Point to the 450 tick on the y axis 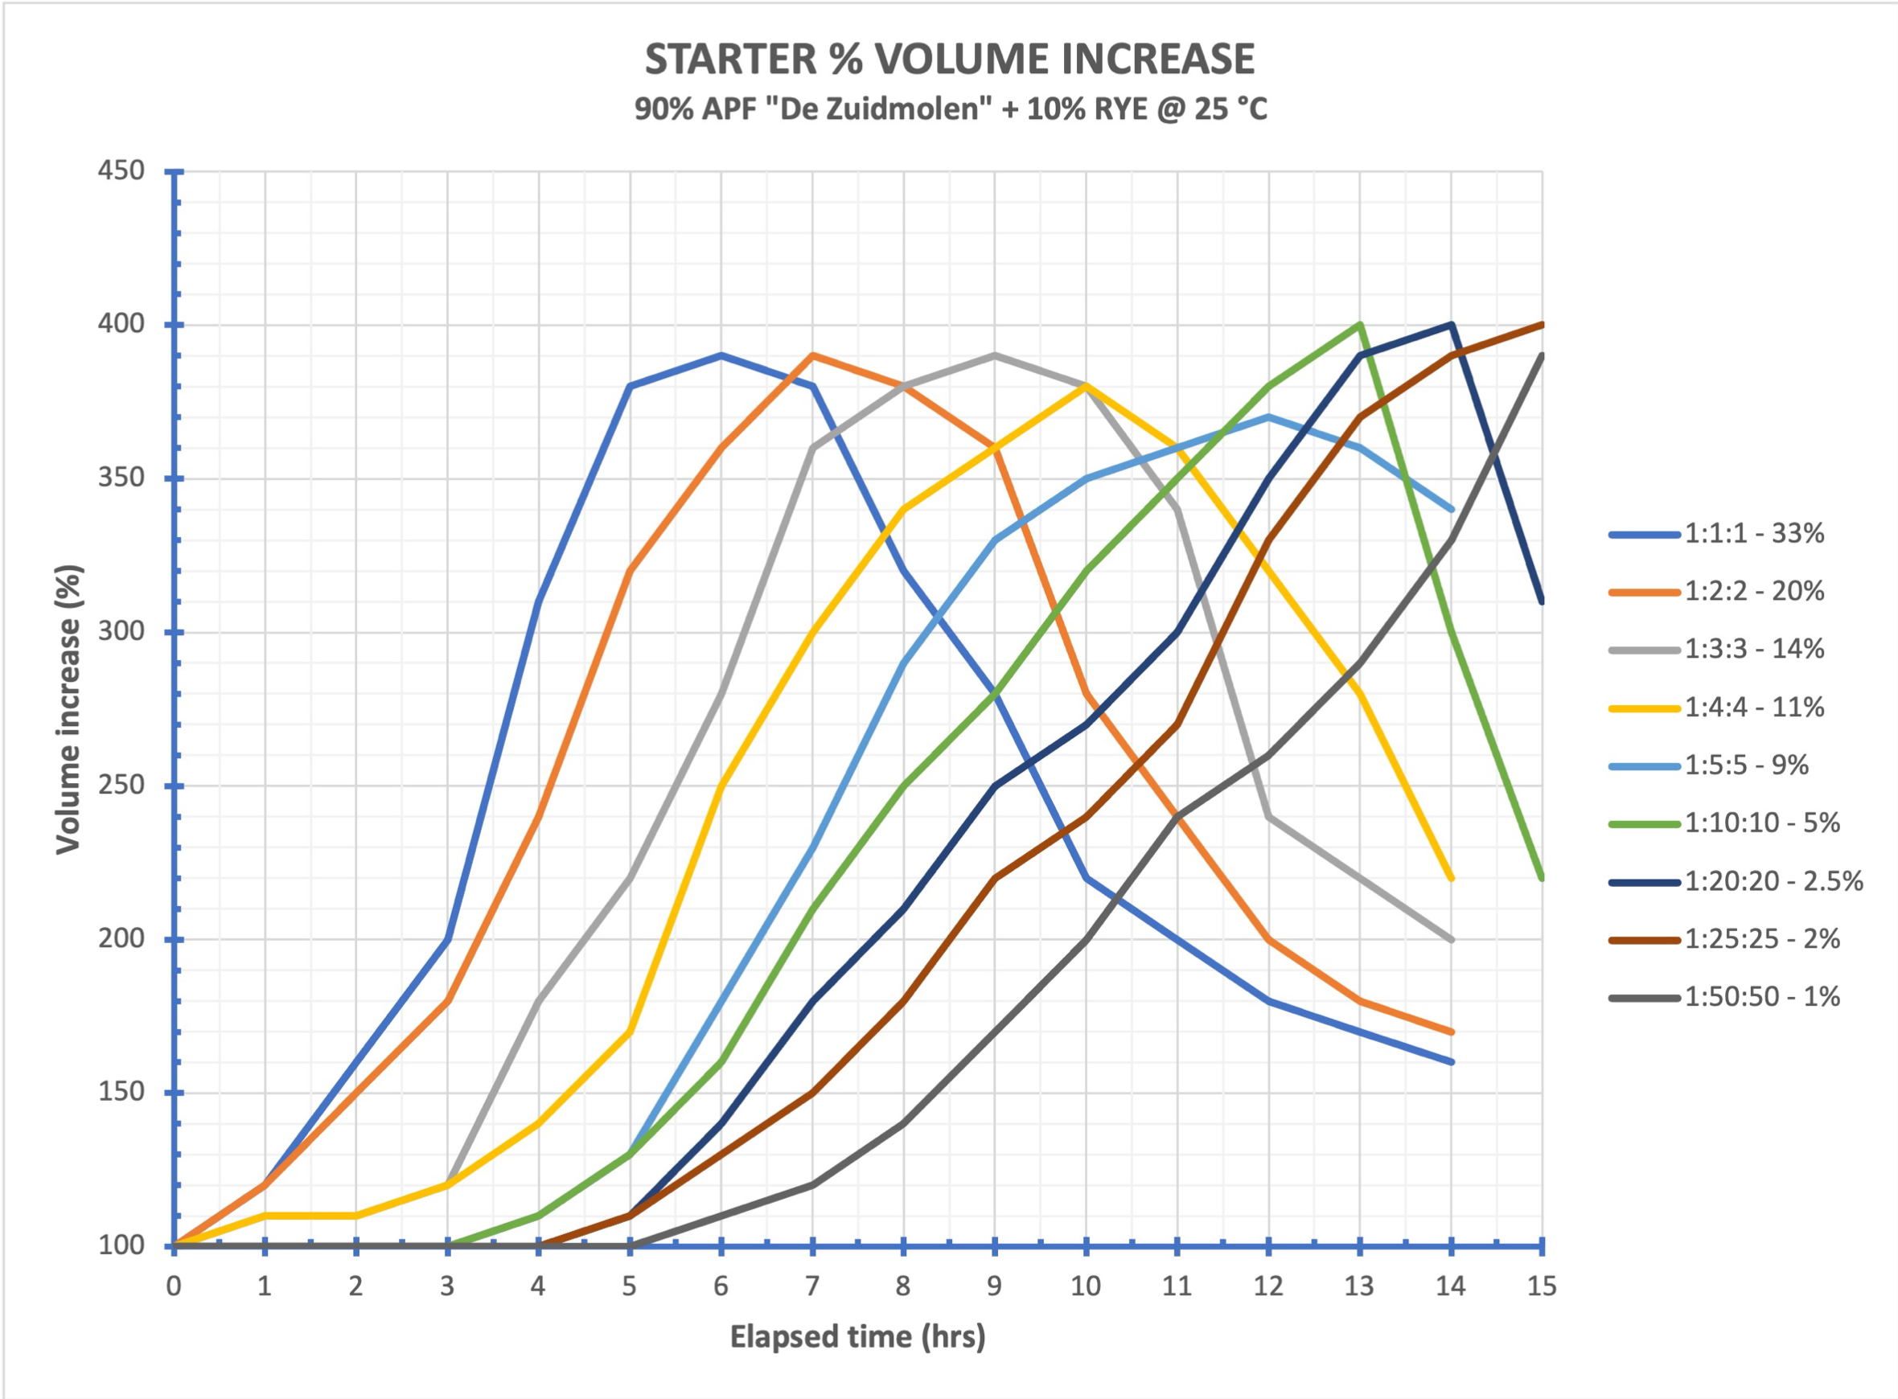pos(121,172)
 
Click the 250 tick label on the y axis pos(121,786)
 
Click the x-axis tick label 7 pos(812,1286)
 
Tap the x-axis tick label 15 pos(1542,1286)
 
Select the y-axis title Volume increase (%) pos(68,710)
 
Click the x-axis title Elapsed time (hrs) pos(857,1336)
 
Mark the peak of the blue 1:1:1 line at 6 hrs pos(721,355)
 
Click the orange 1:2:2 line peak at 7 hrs pos(812,355)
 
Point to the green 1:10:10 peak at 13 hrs pos(1359,324)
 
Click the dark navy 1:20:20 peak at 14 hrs pos(1452,324)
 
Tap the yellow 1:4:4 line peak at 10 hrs pos(1086,386)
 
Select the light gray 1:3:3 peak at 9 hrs pos(994,355)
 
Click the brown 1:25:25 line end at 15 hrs pos(1541,325)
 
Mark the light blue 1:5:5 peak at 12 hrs pos(1267,416)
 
